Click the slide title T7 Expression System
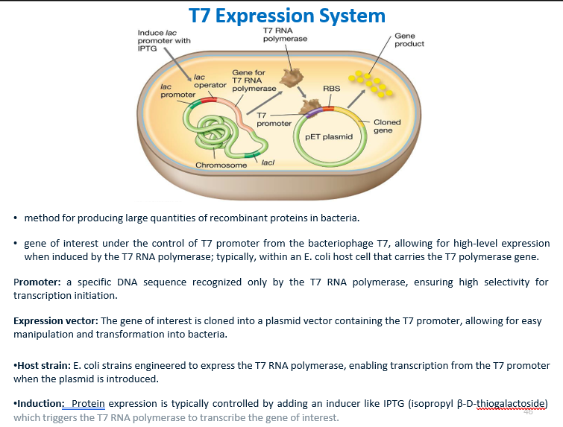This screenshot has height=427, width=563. click(x=287, y=16)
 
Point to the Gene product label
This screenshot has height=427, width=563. click(x=409, y=39)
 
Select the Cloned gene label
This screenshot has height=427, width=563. click(x=387, y=126)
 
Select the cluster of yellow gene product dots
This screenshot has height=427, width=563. click(x=373, y=83)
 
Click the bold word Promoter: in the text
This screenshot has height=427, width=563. click(x=37, y=282)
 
